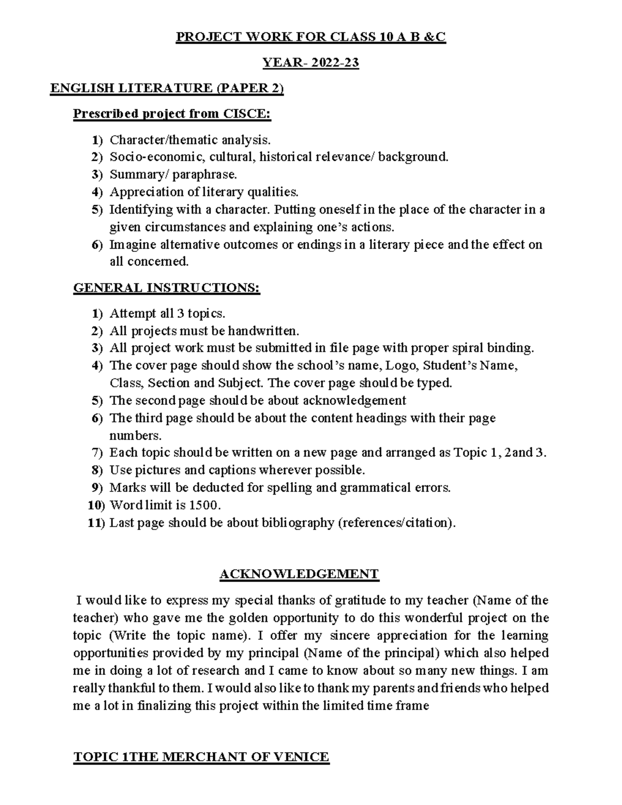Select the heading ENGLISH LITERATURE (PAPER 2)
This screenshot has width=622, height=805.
click(x=167, y=89)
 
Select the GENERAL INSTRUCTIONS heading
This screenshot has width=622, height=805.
click(x=167, y=288)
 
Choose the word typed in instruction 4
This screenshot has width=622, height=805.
click(x=436, y=383)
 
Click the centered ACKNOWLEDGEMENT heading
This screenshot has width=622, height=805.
click(x=299, y=574)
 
